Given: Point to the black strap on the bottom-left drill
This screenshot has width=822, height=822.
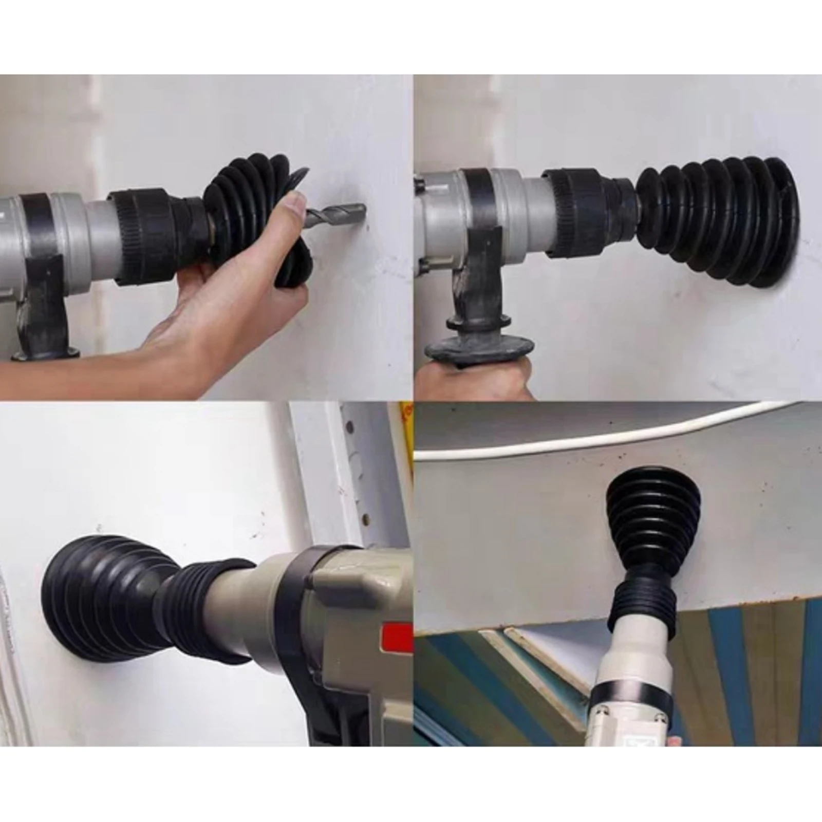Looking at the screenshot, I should click(x=293, y=606).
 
